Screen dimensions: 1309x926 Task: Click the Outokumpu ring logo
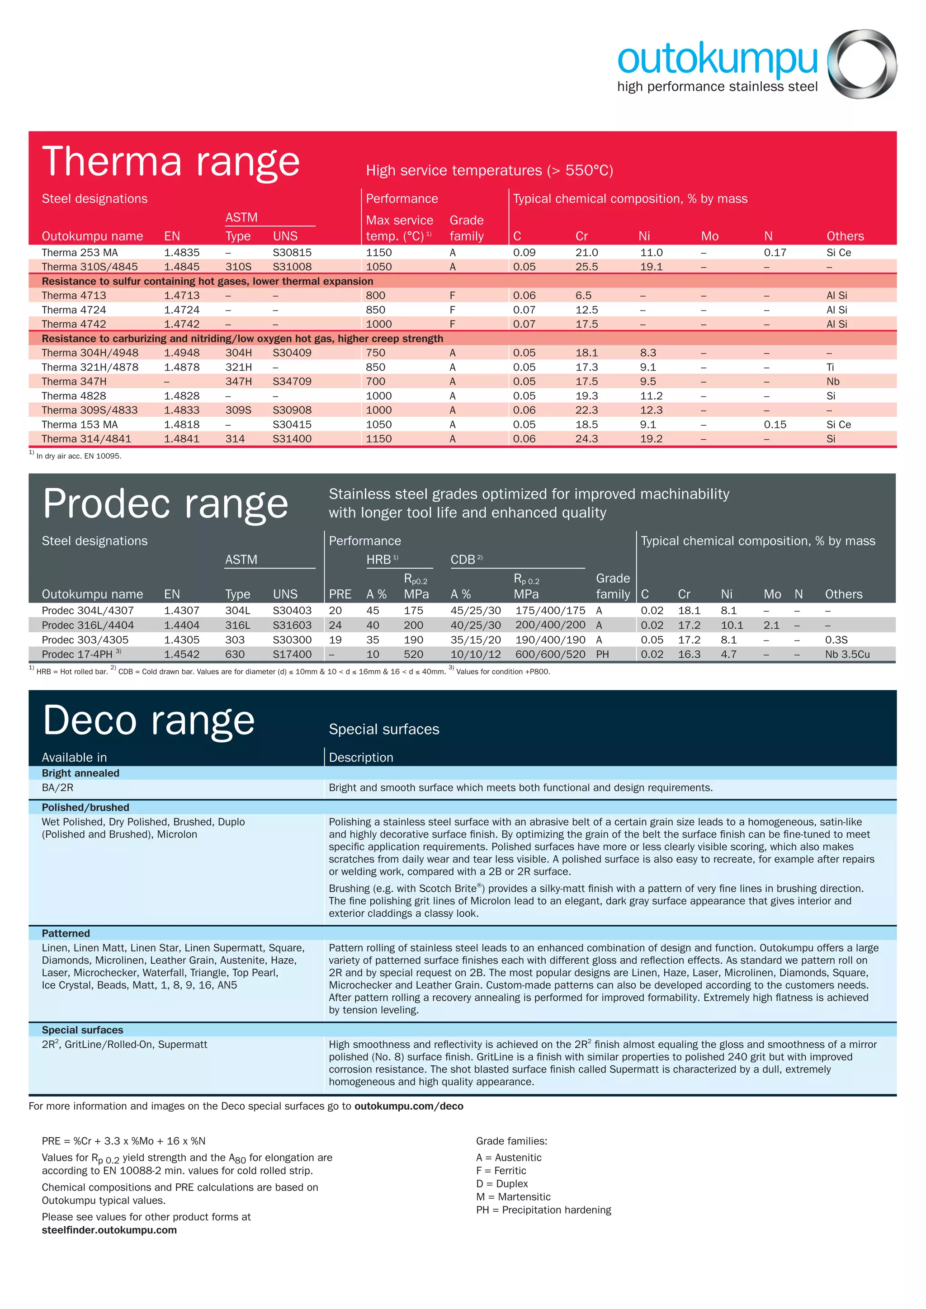coord(861,64)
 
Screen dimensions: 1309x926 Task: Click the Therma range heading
coord(170,161)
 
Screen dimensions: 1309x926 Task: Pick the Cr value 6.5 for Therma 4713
coord(583,295)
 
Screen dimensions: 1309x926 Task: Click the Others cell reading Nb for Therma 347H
coord(832,381)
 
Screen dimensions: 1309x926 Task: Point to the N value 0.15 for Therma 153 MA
coord(775,425)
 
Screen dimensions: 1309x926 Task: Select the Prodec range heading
coord(165,504)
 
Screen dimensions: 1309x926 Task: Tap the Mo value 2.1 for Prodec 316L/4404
coord(771,626)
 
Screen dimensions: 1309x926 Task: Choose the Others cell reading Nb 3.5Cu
coord(847,654)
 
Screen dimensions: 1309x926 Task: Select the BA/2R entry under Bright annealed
coord(57,788)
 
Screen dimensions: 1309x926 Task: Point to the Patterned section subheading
coord(66,933)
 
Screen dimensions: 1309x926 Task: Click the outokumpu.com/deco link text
coord(408,1107)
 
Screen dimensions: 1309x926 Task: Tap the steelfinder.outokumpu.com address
coord(109,1230)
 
